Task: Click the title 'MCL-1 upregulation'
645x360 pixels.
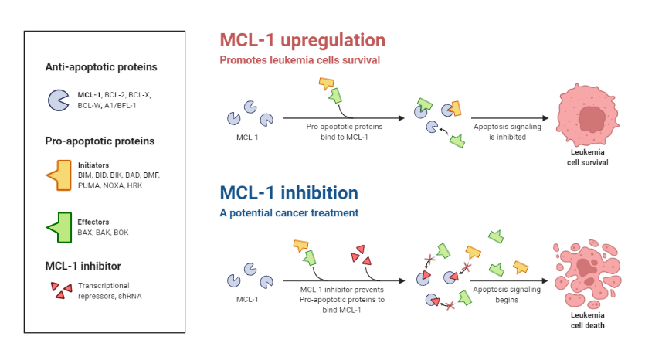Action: pyautogui.click(x=302, y=40)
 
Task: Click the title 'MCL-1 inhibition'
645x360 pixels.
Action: pyautogui.click(x=289, y=193)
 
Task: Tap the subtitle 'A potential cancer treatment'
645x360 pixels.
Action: pyautogui.click(x=289, y=212)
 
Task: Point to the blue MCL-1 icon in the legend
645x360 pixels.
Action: pyautogui.click(x=59, y=100)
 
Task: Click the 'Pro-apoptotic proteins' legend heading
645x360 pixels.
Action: pyautogui.click(x=100, y=141)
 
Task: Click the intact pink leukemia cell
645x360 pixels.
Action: pyautogui.click(x=590, y=118)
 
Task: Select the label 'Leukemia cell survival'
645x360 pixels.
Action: pyautogui.click(x=589, y=158)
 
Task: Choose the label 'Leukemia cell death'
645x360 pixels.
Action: pyautogui.click(x=589, y=321)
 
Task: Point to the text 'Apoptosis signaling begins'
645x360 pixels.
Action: pyautogui.click(x=499, y=295)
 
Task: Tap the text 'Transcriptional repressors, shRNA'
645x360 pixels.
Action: pyautogui.click(x=108, y=290)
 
